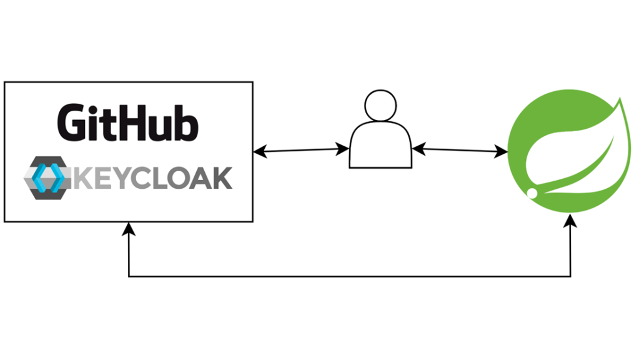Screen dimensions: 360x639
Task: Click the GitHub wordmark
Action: (128, 121)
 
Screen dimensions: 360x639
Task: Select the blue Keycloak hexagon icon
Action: (48, 177)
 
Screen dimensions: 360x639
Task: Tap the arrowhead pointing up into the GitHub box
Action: (129, 227)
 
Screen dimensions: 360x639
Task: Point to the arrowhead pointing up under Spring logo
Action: (570, 220)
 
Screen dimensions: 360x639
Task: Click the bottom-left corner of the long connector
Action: (129, 276)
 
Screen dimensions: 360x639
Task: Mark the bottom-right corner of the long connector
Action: (570, 276)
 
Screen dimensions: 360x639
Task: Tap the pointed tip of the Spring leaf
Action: (620, 100)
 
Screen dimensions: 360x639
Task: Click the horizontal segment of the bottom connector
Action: (350, 276)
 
